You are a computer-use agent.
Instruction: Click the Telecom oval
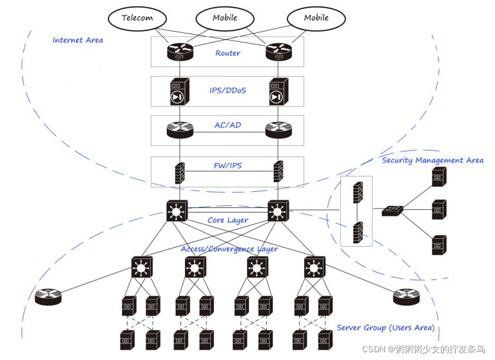click(137, 18)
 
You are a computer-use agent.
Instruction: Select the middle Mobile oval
click(225, 17)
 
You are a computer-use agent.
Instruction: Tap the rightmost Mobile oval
click(316, 17)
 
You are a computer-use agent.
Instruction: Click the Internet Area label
click(77, 40)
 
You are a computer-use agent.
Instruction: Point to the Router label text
click(228, 53)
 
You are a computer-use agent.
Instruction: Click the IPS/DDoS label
click(228, 91)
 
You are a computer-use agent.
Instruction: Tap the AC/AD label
click(228, 125)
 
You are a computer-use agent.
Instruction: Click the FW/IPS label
click(228, 166)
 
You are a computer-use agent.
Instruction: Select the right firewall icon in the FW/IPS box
click(278, 172)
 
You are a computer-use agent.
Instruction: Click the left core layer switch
click(177, 211)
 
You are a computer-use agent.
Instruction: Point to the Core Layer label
click(228, 220)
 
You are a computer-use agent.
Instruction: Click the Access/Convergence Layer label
click(229, 249)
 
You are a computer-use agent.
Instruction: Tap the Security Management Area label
click(432, 160)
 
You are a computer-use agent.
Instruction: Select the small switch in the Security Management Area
click(391, 210)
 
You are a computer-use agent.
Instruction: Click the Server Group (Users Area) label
click(385, 328)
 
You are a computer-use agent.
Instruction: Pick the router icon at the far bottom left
click(48, 296)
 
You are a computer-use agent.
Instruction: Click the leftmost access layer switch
click(141, 267)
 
